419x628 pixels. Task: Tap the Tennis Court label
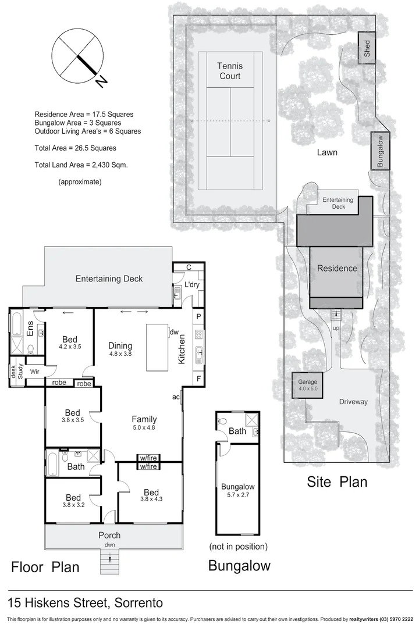(x=229, y=71)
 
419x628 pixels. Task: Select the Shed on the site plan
(x=367, y=48)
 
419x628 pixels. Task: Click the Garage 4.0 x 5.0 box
(x=308, y=385)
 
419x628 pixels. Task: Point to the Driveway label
(x=353, y=402)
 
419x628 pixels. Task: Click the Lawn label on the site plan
(x=328, y=152)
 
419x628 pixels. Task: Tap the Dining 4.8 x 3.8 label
(x=120, y=349)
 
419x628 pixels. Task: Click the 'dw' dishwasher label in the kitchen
(x=173, y=333)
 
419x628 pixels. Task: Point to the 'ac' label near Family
(x=175, y=397)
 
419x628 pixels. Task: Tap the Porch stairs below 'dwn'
(x=109, y=561)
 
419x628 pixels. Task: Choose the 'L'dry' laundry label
(x=192, y=286)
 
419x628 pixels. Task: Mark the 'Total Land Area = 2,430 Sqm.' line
(x=81, y=165)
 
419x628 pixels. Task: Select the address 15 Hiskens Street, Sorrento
(x=85, y=602)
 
